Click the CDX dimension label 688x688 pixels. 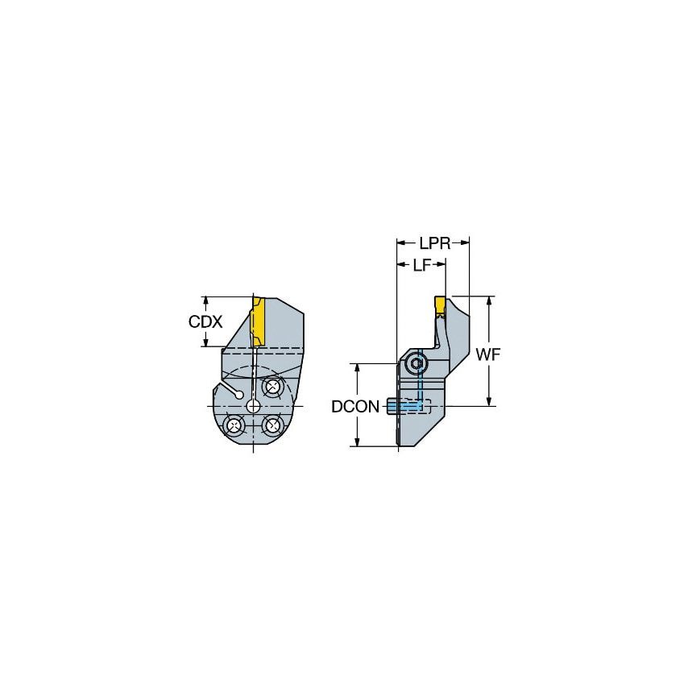[205, 321]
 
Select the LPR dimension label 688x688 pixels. [433, 242]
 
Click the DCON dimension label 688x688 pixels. [355, 407]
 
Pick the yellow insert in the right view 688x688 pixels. [441, 305]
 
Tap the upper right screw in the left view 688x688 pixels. [272, 388]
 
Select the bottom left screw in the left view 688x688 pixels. [234, 425]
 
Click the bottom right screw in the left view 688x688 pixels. [272, 425]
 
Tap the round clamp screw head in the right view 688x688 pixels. [416, 365]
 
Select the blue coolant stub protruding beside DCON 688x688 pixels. [395, 407]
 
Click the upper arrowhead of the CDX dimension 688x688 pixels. [205, 299]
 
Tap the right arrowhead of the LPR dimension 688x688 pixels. [466, 242]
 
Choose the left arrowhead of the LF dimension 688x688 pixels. [400, 265]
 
